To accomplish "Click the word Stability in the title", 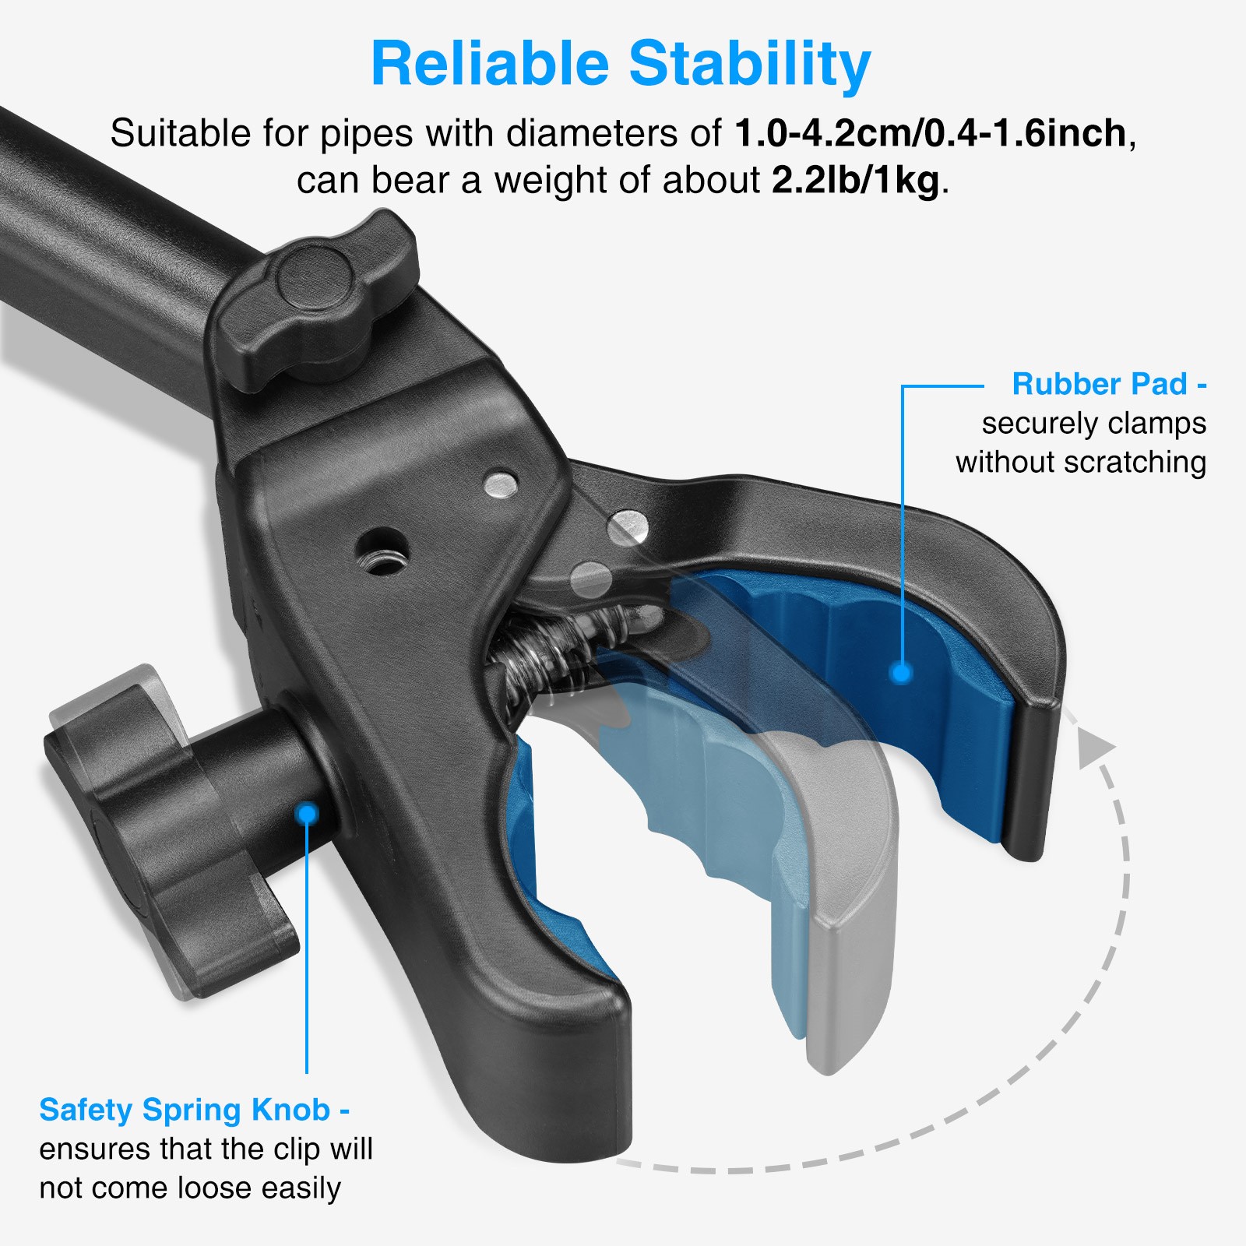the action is pos(750,65).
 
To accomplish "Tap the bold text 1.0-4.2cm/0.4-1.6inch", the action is pos(931,133).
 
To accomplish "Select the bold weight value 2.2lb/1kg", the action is pos(856,181).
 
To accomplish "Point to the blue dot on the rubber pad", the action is pos(901,673).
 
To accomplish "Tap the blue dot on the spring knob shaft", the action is pos(308,815).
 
